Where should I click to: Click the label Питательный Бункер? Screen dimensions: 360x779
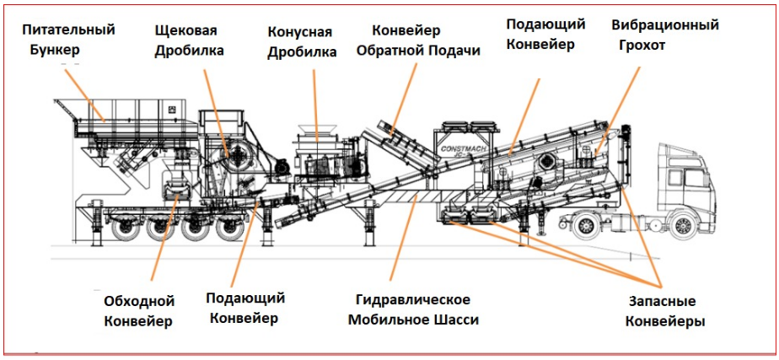tap(68, 39)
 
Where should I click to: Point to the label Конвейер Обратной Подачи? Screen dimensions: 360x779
tap(418, 40)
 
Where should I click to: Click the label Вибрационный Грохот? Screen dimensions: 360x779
tap(665, 35)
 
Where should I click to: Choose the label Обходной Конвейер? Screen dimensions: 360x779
tap(138, 310)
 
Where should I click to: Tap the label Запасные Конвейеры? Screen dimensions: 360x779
tap(665, 310)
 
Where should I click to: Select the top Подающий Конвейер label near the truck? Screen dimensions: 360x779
tap(545, 33)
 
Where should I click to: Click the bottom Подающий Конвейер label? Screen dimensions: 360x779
tap(245, 308)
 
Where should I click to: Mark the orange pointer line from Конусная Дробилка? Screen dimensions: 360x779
tap(315, 101)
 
